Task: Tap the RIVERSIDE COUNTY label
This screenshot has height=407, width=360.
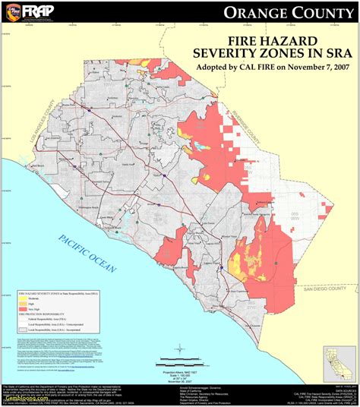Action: pos(251,134)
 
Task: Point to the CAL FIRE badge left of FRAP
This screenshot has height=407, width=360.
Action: pos(11,11)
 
